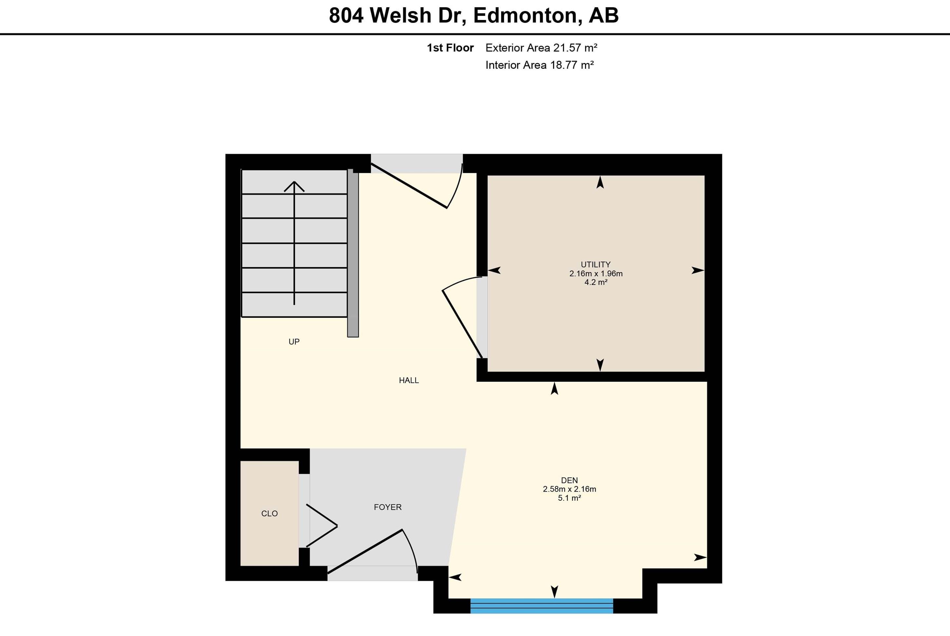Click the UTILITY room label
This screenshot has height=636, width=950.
coord(595,265)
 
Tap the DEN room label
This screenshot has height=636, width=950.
coord(569,480)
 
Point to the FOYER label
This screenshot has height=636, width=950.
coord(388,507)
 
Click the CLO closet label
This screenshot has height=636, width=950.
coord(269,514)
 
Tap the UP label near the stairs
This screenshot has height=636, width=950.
coord(294,342)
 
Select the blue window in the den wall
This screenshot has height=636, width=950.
coord(541,606)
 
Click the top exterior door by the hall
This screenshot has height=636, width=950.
coord(410,187)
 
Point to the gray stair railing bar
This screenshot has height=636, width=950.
coord(353,253)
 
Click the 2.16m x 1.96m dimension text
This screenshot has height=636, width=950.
coord(596,274)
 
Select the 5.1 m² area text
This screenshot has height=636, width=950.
coord(569,498)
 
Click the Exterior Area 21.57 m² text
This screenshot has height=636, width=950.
coord(541,48)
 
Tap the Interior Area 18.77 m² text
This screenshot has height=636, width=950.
coord(539,65)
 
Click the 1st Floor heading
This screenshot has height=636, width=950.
coord(450,48)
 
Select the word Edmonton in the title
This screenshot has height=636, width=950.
coord(525,15)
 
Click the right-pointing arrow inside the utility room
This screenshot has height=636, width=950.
coord(698,270)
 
